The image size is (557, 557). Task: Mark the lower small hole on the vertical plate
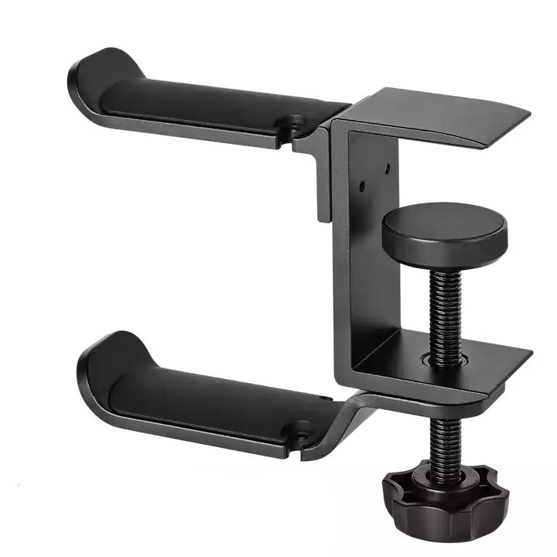click(361, 185)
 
